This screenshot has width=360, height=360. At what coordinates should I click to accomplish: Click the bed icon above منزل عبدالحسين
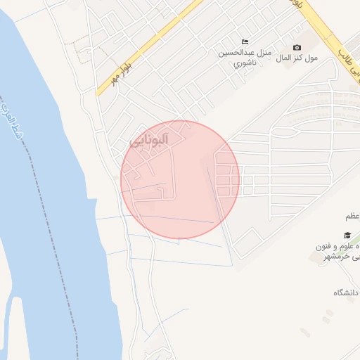tap(245, 41)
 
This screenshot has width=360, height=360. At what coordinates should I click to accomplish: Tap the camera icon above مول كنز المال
tap(296, 47)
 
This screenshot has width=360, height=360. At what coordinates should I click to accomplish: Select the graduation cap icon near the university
tap(347, 236)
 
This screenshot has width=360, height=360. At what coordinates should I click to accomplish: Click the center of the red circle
tap(180, 179)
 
